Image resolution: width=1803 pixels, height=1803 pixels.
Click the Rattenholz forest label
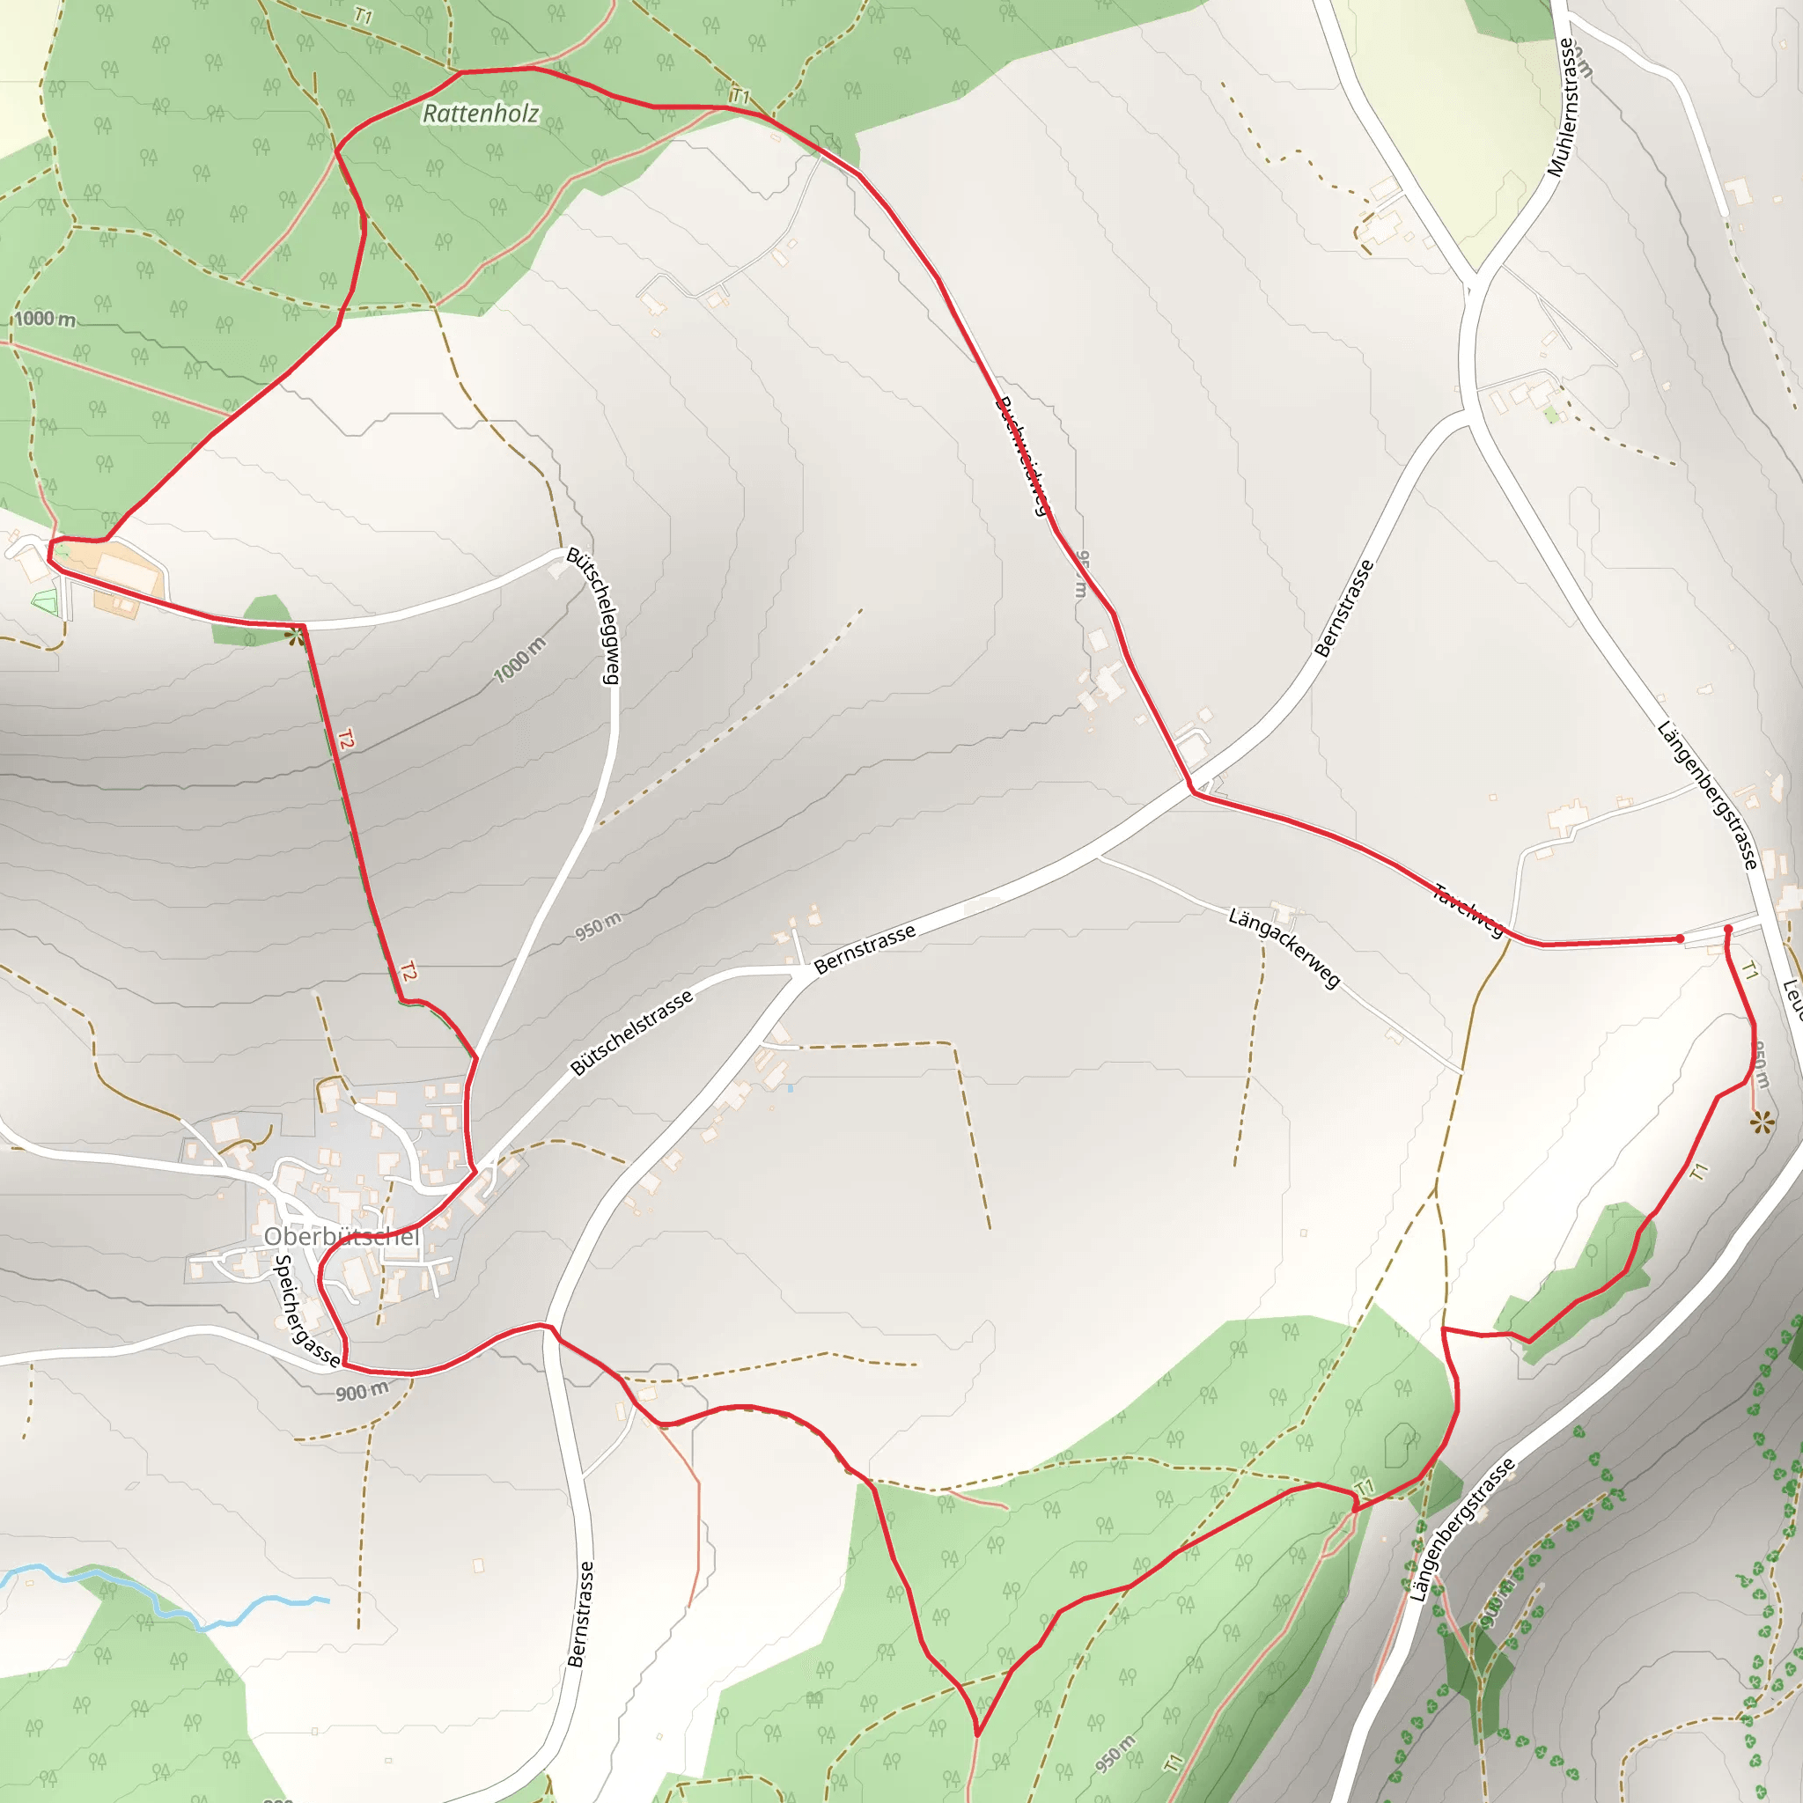(x=481, y=114)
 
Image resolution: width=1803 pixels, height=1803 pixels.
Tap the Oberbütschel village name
(x=342, y=1237)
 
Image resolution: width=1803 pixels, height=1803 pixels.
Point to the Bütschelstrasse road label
(x=632, y=1032)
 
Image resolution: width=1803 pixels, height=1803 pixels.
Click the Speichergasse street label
(x=306, y=1310)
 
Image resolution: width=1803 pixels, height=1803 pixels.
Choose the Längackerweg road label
(x=1284, y=947)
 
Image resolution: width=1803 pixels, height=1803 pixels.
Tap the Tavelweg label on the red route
(x=1468, y=910)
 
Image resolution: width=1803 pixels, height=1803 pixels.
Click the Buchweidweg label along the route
(x=1024, y=455)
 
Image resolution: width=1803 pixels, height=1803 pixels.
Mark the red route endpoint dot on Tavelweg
(x=1680, y=938)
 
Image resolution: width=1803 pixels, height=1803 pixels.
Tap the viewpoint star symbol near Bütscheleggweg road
(x=297, y=638)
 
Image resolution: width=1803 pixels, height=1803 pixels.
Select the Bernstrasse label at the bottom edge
(x=579, y=1615)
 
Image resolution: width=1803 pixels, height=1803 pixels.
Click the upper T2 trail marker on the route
(x=346, y=740)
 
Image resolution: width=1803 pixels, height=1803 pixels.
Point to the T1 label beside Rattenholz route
(x=740, y=96)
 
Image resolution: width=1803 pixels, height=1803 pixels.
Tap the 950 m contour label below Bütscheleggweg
(x=597, y=927)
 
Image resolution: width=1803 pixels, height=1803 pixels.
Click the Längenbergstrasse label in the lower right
(x=1461, y=1530)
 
